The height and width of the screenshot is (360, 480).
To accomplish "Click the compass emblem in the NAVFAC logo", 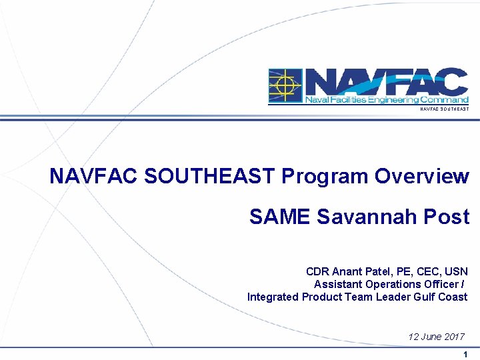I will click(285, 86).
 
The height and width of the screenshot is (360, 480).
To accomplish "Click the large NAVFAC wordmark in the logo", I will click(386, 82).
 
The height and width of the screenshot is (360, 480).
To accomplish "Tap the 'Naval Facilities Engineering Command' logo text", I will click(386, 100).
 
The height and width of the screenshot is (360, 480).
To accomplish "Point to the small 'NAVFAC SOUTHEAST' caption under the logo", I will click(444, 109).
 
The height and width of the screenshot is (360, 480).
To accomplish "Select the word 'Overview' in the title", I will click(422, 177).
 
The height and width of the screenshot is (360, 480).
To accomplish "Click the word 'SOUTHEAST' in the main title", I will click(209, 177).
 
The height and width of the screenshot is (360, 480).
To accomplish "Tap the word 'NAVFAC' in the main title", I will click(94, 177).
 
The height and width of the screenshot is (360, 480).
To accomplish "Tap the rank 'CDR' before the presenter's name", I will click(317, 272).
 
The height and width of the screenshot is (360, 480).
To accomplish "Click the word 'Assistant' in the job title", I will click(338, 285).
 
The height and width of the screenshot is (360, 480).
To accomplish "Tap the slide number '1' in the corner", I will click(465, 355).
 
